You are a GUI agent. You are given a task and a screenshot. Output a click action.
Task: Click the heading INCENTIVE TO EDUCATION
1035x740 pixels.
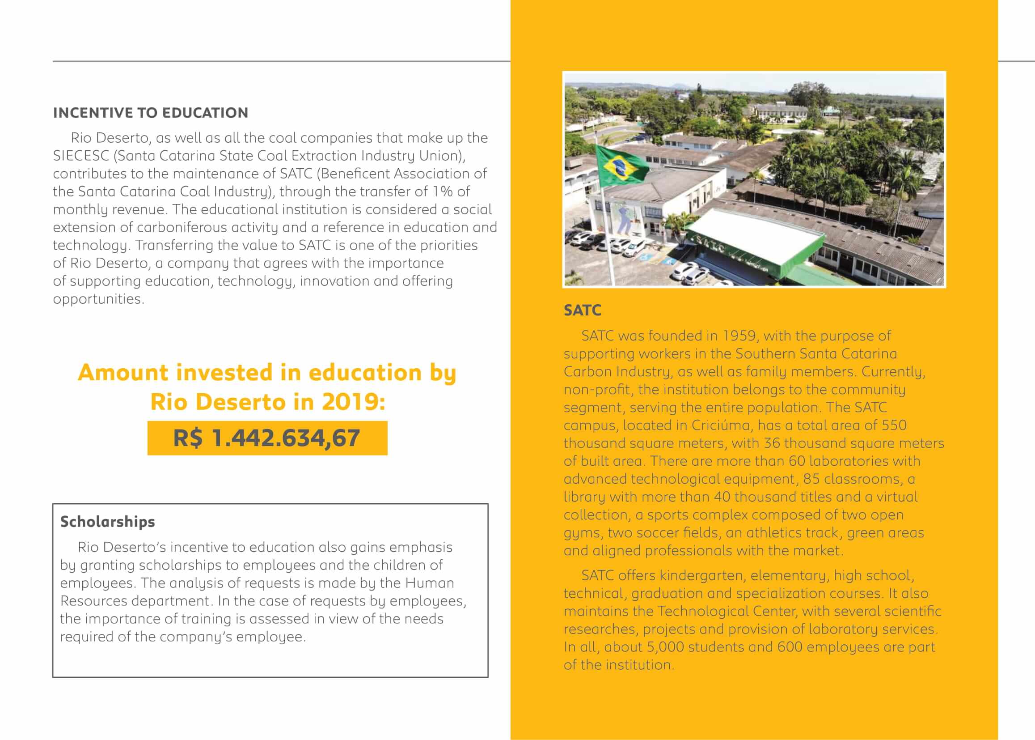point(150,113)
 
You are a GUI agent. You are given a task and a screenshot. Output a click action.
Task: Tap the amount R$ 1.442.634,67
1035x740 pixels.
point(267,438)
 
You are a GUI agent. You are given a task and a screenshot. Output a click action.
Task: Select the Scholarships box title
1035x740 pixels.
point(107,522)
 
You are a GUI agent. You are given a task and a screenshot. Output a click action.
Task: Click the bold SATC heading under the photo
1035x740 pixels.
point(583,310)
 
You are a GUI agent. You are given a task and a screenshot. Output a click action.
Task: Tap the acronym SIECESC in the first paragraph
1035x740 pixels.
point(81,156)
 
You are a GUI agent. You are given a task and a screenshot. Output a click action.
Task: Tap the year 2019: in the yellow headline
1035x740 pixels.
point(353,402)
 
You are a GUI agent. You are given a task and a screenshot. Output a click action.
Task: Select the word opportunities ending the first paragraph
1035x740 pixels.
point(98,299)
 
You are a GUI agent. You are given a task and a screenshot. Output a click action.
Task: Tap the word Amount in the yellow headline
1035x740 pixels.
point(123,372)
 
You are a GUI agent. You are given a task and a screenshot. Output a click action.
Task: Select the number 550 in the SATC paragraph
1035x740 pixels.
point(894,425)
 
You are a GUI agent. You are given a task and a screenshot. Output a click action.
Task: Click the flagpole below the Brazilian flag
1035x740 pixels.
point(607,232)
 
